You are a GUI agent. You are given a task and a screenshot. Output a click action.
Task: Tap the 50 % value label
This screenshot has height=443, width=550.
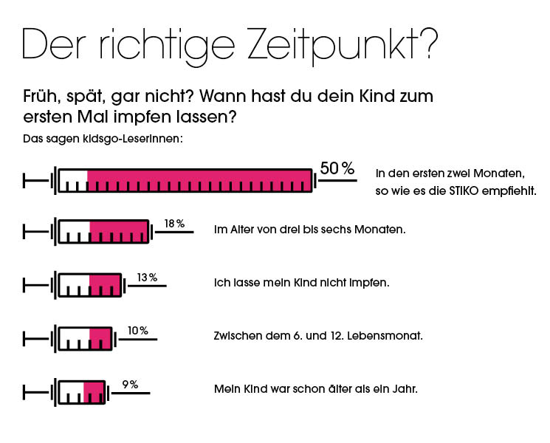[337, 168]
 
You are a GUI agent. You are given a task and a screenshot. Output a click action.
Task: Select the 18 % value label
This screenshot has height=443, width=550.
[174, 223]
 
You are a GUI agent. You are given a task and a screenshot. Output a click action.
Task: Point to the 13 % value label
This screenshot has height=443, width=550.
[147, 278]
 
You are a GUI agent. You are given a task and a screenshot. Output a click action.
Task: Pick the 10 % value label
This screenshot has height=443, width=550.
[137, 331]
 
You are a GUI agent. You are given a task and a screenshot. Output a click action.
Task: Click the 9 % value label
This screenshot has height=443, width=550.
[130, 384]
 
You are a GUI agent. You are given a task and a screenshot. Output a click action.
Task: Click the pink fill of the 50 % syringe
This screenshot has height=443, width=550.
[199, 180]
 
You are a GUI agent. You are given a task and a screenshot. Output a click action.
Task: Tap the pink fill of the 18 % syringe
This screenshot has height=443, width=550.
[119, 231]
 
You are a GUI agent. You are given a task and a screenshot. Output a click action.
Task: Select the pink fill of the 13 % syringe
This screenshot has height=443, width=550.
[104, 284]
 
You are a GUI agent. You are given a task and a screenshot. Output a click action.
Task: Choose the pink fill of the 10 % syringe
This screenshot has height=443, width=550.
[100, 338]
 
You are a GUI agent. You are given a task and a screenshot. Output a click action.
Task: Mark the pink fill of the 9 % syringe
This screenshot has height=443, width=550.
[94, 391]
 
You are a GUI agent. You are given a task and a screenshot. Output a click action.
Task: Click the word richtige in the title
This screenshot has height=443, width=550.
[173, 46]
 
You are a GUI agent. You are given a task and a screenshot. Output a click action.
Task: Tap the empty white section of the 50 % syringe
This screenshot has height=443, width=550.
[73, 180]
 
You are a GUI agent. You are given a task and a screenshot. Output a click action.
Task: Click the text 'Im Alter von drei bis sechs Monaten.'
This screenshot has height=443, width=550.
[309, 230]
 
